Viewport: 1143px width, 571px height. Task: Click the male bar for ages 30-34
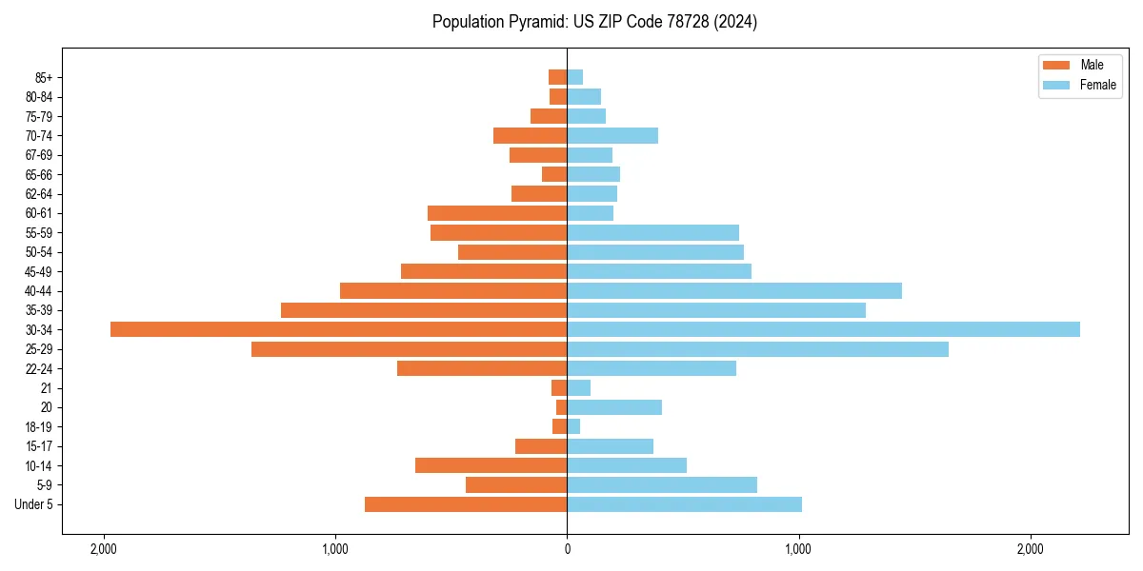(x=338, y=329)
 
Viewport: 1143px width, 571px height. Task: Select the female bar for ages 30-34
(x=823, y=329)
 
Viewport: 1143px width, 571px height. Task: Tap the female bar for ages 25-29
(x=757, y=349)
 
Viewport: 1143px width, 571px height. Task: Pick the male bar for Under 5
(x=466, y=504)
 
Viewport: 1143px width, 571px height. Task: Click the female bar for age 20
(x=614, y=407)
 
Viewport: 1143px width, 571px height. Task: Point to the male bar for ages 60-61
(x=497, y=213)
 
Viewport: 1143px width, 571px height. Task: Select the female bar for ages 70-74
(x=612, y=135)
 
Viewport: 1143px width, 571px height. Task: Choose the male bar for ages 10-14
(x=491, y=465)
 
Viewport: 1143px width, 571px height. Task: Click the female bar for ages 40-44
(x=734, y=290)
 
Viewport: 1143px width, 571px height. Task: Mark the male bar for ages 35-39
(x=424, y=310)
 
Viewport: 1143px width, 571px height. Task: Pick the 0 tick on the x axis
(x=567, y=549)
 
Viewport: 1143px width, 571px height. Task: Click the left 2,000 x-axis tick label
(x=103, y=549)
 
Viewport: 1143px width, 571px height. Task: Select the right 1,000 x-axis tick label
(x=798, y=549)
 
